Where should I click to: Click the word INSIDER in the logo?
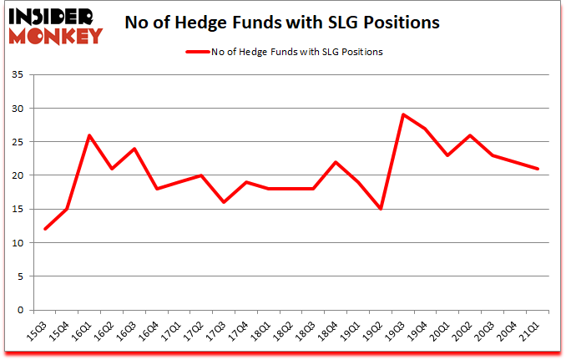coord(53,15)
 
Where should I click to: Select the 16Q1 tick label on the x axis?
coord(83,330)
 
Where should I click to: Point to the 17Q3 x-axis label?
coord(218,330)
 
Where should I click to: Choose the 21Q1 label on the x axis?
coord(533,330)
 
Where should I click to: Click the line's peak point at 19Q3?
coord(403,114)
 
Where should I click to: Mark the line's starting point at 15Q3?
coord(44,229)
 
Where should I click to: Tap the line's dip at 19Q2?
coord(381,209)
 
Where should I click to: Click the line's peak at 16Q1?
coord(89,135)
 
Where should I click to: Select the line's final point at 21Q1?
coord(538,169)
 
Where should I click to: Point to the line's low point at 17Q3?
coord(224,202)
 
